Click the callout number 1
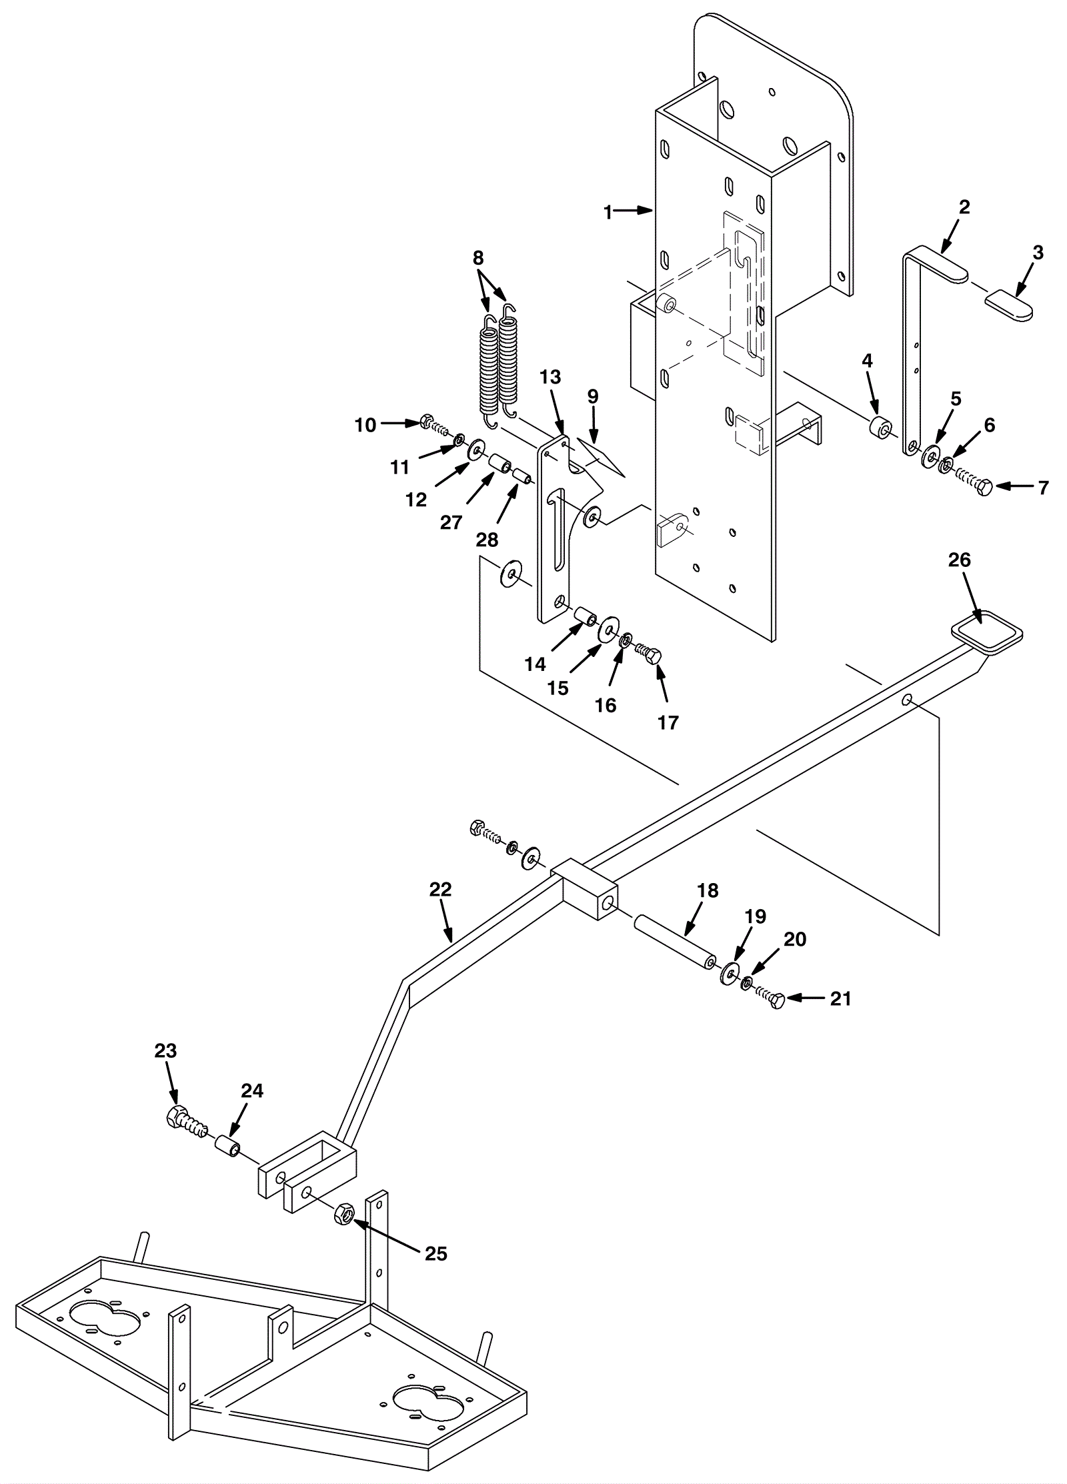(x=608, y=212)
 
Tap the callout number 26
(x=960, y=561)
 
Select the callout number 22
(x=441, y=889)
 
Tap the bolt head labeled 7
(x=984, y=487)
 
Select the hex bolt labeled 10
(x=426, y=422)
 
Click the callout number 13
(x=551, y=376)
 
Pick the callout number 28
(x=487, y=540)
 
